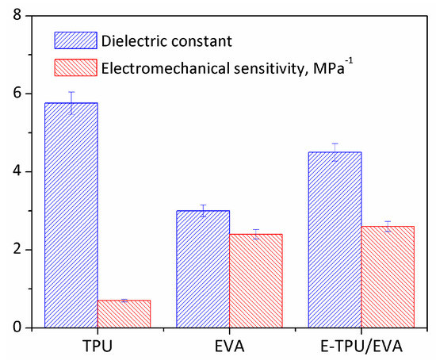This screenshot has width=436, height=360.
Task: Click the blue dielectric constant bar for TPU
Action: point(71,215)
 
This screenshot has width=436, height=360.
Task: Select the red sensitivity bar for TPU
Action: point(124,313)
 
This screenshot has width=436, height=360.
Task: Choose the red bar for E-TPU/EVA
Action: point(388,277)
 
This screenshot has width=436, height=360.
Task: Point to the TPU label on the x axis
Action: point(98,344)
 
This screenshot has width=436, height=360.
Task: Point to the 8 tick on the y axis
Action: point(29,16)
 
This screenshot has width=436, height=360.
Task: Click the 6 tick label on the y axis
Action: point(29,94)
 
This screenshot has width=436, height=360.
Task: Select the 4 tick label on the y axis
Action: point(29,171)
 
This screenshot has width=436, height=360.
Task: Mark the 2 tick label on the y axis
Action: point(29,250)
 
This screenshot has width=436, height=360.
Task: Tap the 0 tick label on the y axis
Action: point(29,327)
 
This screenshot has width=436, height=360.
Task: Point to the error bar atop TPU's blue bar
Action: point(71,103)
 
